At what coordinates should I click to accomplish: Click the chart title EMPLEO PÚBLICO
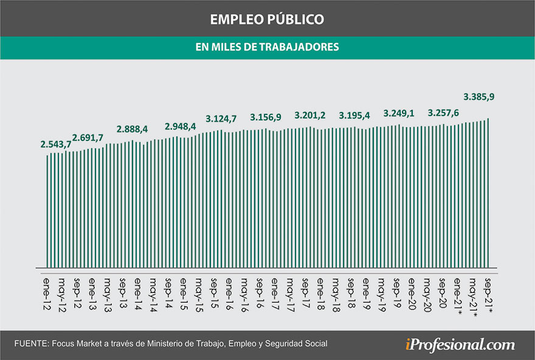[x=267, y=19]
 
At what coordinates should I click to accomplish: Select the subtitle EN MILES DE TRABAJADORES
[x=267, y=46]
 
